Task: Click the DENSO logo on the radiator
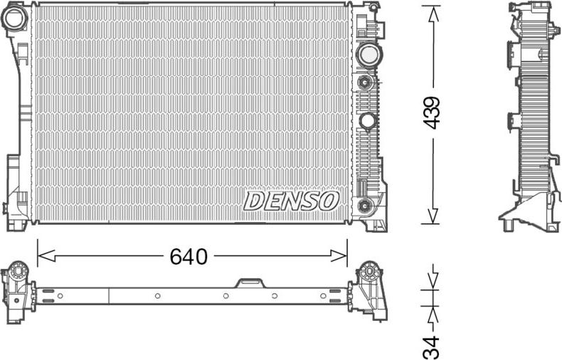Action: coord(291,201)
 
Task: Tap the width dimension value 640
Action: coord(189,256)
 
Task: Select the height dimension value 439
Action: coord(432,112)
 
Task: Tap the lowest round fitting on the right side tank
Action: coord(366,206)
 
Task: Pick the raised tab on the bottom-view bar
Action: coord(250,283)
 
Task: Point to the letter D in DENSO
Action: coord(253,201)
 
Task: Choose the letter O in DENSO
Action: coord(329,201)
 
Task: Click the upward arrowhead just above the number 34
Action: coord(432,314)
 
